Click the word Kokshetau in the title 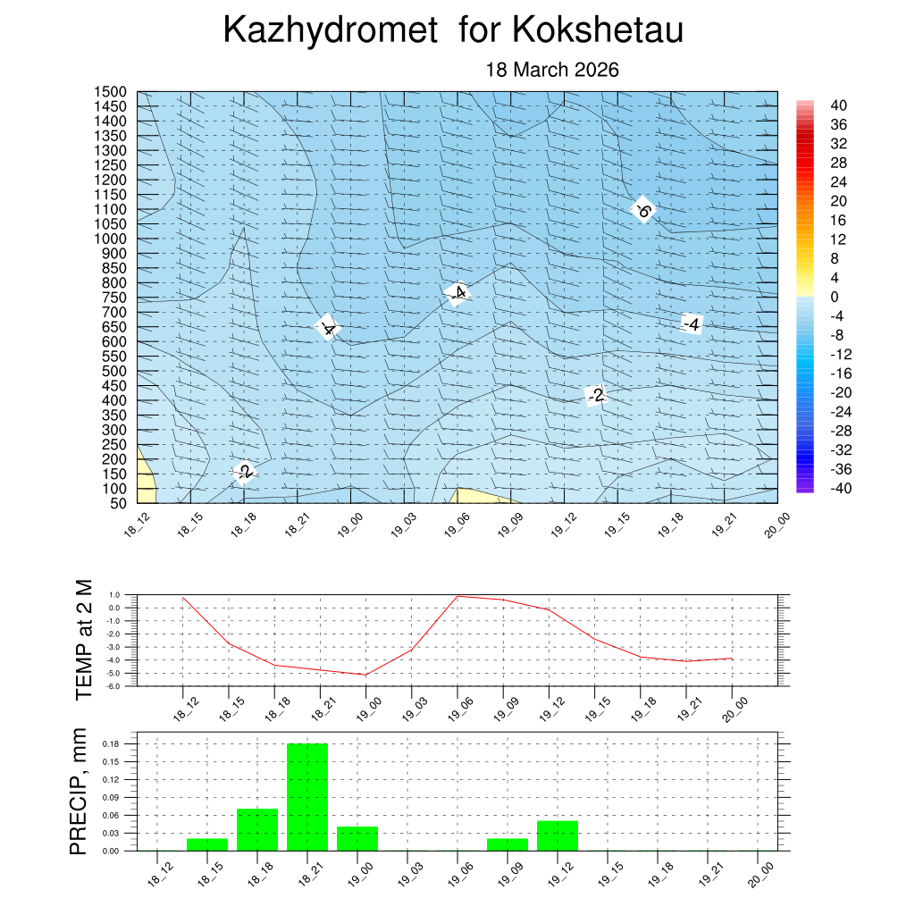pyautogui.click(x=598, y=30)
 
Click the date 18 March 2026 pyautogui.click(x=551, y=70)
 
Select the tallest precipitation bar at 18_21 pyautogui.click(x=307, y=796)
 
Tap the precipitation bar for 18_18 pyautogui.click(x=257, y=829)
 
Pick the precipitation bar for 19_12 pyautogui.click(x=558, y=835)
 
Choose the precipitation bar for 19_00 pyautogui.click(x=357, y=838)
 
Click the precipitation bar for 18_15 pyautogui.click(x=207, y=844)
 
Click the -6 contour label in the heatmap pyautogui.click(x=642, y=211)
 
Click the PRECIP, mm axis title pyautogui.click(x=80, y=793)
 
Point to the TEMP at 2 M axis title pyautogui.click(x=84, y=639)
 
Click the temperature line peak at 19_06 pyautogui.click(x=457, y=596)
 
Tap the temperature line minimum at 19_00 pyautogui.click(x=365, y=675)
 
